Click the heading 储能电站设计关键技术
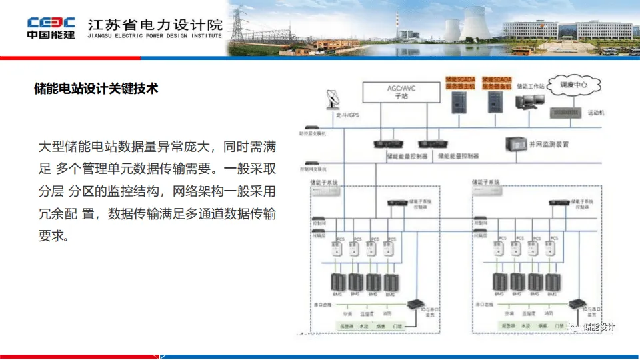click(96, 88)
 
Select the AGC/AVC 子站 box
click(401, 91)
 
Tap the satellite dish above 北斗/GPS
click(332, 100)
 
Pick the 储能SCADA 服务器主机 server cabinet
click(459, 101)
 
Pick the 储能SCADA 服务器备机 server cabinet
click(496, 101)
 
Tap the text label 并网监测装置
click(549, 144)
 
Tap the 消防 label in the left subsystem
click(387, 312)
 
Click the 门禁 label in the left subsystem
click(398, 326)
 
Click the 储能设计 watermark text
click(599, 327)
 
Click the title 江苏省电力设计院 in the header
click(155, 24)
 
